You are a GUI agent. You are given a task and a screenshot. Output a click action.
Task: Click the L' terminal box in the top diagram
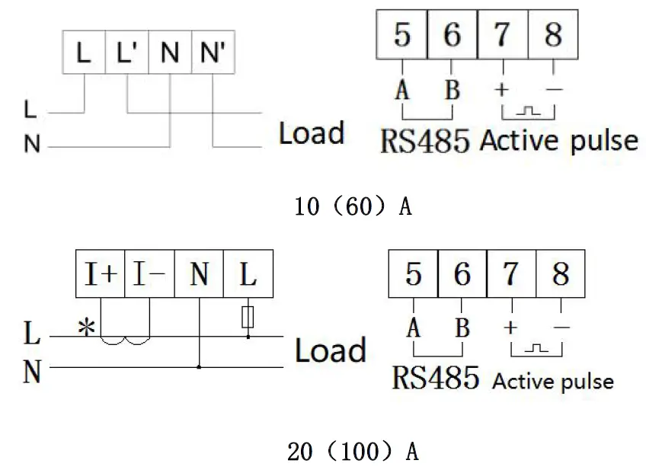coord(126,53)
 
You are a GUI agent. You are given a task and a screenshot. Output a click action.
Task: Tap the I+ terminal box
coord(100,275)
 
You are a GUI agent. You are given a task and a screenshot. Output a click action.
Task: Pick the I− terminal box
coord(149,275)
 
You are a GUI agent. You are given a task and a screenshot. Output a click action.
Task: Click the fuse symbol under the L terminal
coord(248,316)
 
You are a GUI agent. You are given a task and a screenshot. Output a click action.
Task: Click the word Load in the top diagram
coord(311,133)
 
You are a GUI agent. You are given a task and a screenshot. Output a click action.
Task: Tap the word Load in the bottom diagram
coord(330,351)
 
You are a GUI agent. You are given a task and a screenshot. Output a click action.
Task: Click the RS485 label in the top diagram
coord(425,141)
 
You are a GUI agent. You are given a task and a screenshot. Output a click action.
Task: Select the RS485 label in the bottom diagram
coord(436,378)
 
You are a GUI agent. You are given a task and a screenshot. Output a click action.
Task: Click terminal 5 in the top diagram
coord(403,35)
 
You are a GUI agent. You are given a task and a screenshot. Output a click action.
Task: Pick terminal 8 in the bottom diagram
coord(561,274)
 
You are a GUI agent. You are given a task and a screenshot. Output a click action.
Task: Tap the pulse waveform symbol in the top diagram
coord(528,111)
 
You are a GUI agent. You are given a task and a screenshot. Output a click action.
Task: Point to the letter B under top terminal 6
coord(453,90)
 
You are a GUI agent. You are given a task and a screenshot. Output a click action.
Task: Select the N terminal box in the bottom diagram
coord(199,275)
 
